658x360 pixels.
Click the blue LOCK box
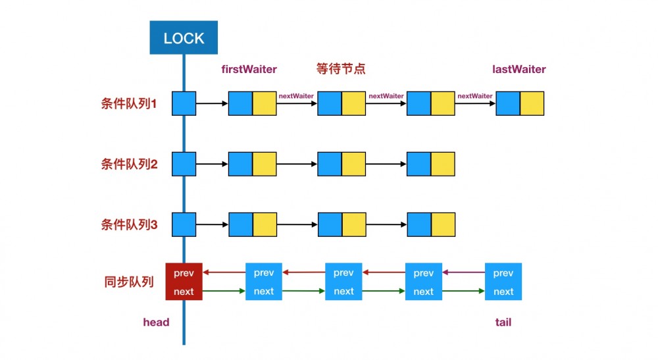click(x=184, y=38)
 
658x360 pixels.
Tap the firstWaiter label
click(x=250, y=69)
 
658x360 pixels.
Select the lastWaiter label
click(x=519, y=69)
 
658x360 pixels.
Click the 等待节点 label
click(x=341, y=69)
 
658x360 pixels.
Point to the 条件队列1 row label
click(x=130, y=104)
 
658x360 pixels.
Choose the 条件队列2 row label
click(x=130, y=165)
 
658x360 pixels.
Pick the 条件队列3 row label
click(x=130, y=224)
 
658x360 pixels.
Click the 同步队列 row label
click(x=129, y=282)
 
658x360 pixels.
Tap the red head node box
click(x=184, y=282)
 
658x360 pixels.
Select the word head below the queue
click(x=157, y=322)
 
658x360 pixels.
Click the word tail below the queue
click(x=503, y=322)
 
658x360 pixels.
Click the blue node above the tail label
click(x=503, y=282)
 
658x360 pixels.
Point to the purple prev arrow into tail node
click(x=463, y=272)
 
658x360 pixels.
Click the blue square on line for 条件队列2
click(x=184, y=164)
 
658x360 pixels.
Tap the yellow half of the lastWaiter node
click(x=532, y=104)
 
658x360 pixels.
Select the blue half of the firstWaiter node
click(x=240, y=104)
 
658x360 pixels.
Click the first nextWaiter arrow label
click(x=296, y=96)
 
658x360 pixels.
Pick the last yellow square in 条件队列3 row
click(x=443, y=224)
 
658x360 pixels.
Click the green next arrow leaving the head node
click(x=224, y=291)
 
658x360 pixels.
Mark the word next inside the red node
click(x=184, y=292)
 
